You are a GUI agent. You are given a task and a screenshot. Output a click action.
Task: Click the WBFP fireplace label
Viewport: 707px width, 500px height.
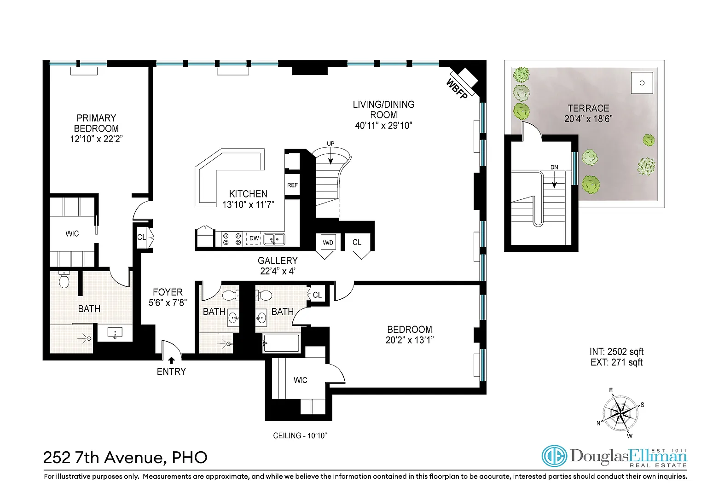tap(457, 89)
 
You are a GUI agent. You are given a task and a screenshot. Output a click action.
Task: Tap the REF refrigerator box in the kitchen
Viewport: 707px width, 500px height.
tap(292, 185)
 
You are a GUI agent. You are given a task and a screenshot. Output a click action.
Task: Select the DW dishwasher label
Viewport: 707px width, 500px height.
tap(254, 238)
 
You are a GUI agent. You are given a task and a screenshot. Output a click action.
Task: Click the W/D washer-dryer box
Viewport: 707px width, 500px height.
tap(328, 243)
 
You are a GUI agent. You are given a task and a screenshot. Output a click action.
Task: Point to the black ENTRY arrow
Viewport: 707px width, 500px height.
tap(171, 360)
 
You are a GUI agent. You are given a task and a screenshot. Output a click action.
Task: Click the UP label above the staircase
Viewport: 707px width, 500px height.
tap(330, 144)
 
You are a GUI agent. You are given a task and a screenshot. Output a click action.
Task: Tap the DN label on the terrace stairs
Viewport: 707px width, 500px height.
tap(554, 167)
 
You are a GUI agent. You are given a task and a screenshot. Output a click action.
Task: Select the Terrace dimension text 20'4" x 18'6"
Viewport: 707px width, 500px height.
tap(588, 119)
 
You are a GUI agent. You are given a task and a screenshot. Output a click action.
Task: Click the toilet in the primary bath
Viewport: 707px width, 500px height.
tap(64, 279)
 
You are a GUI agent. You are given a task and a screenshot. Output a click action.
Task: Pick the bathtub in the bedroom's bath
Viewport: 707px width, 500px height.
tap(281, 343)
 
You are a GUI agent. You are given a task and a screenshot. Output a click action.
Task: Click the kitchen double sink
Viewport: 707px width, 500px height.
tap(274, 239)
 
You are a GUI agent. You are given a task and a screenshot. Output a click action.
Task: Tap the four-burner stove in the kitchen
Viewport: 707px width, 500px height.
tap(232, 239)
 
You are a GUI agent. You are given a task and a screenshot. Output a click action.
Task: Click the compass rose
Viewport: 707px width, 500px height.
tap(620, 413)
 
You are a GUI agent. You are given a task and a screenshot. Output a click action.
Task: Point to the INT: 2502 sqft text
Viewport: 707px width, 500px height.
tap(616, 352)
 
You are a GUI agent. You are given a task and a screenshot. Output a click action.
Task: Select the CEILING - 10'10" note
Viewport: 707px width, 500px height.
tap(300, 436)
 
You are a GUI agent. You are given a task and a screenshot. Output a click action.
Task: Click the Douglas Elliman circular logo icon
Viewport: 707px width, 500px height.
tap(554, 456)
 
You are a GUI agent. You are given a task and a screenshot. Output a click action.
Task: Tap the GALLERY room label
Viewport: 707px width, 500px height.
tap(278, 261)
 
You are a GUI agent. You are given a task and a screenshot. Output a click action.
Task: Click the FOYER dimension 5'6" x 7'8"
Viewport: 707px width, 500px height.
tap(168, 303)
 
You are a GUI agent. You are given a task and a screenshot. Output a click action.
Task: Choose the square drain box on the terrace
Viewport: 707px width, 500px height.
tap(642, 83)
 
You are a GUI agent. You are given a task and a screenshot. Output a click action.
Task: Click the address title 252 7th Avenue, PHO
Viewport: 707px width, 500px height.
tap(125, 458)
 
